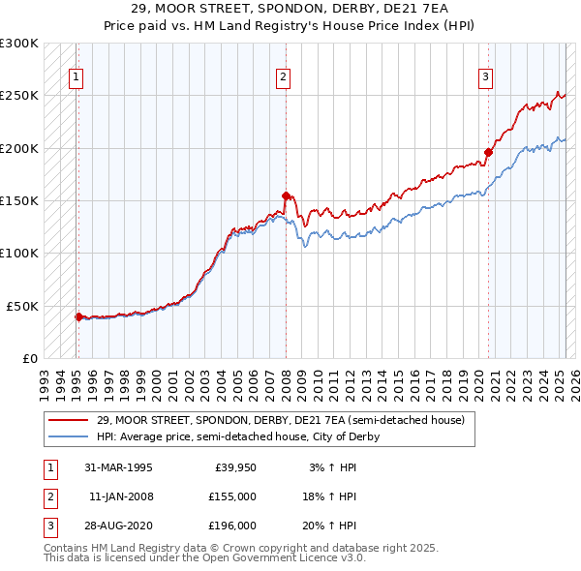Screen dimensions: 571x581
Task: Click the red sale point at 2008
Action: pyautogui.click(x=287, y=195)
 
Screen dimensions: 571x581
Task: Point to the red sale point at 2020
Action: pyautogui.click(x=489, y=152)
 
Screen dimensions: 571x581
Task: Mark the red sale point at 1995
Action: pyautogui.click(x=78, y=316)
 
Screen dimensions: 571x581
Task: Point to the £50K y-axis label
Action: pyautogui.click(x=22, y=306)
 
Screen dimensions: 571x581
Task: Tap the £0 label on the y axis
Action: pyautogui.click(x=29, y=358)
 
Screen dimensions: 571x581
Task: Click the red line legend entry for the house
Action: pyautogui.click(x=281, y=420)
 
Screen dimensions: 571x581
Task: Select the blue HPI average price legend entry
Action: pyautogui.click(x=237, y=436)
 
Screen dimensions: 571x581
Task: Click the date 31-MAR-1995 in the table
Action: pyautogui.click(x=118, y=467)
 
